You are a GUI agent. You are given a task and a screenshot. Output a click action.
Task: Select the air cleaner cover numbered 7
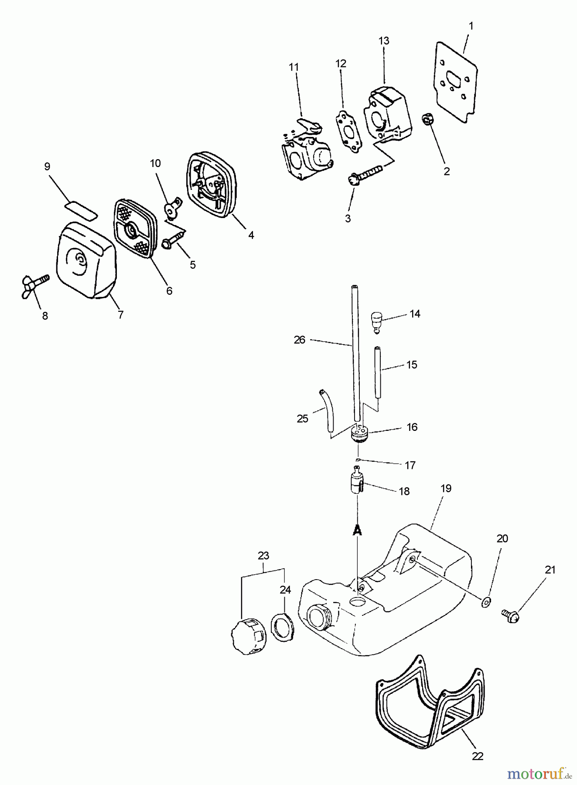click(85, 261)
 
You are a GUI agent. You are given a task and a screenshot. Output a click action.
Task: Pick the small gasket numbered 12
click(349, 131)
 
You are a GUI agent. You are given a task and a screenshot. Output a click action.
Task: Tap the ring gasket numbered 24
click(283, 627)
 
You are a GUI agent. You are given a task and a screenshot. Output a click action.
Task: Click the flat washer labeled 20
click(486, 602)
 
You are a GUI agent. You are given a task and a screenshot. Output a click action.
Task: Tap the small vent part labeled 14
click(376, 321)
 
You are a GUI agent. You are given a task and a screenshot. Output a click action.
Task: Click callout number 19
click(446, 488)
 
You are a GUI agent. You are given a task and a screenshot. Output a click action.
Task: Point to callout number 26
click(299, 340)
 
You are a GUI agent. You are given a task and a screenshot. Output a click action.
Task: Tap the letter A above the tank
click(358, 530)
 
